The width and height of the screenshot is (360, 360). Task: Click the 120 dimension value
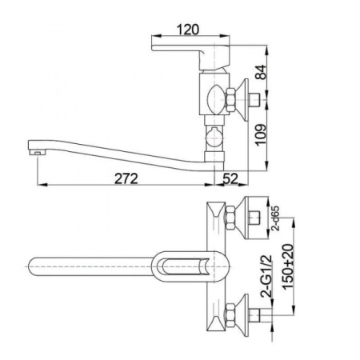pos(188,30)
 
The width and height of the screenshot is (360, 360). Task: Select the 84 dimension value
pos(261,72)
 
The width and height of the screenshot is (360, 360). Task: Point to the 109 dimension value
pos(261,134)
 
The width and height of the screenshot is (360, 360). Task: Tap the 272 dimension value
pos(126,178)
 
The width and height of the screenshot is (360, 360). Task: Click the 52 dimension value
pos(230,178)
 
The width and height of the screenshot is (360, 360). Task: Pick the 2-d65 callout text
pos(275,218)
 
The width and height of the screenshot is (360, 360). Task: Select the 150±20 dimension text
pos(288,267)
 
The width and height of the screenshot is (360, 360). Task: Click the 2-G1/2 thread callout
pos(266,276)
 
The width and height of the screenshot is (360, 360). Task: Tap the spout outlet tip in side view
pos(37,152)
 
